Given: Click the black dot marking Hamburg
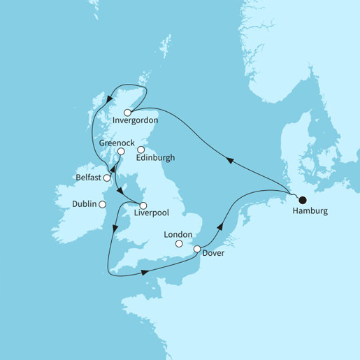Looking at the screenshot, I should coord(303,199).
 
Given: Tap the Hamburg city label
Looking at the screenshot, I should coord(308,211).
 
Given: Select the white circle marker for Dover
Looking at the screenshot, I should coord(197,249).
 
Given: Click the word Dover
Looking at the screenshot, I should coord(213,253).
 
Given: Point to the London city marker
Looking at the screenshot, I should coord(179,244).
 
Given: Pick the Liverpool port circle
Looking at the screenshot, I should coord(143,206).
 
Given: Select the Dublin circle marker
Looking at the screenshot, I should coord(102,204).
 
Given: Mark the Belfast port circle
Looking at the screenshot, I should coord(107,178).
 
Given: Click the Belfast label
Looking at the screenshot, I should coord(87,178).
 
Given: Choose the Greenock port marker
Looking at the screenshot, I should coord(121,151).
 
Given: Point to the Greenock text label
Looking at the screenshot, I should coord(116,142).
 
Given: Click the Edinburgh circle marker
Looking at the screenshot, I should coord(140,149).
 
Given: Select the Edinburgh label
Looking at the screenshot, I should coord(156,158).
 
